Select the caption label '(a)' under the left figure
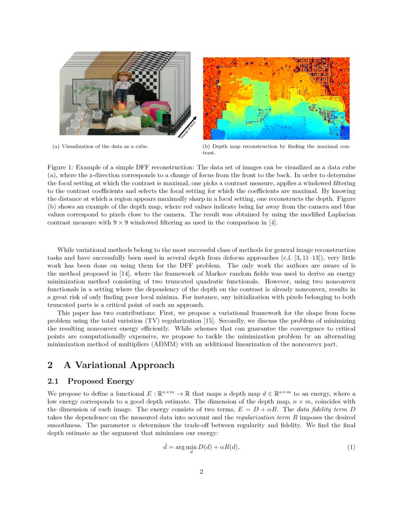coord(55,146)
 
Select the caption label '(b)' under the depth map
coord(207,146)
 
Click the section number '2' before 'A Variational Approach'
coord(51,365)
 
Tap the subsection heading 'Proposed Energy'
coord(101,381)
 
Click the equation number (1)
coord(351,447)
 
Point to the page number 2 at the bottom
coord(201,471)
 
